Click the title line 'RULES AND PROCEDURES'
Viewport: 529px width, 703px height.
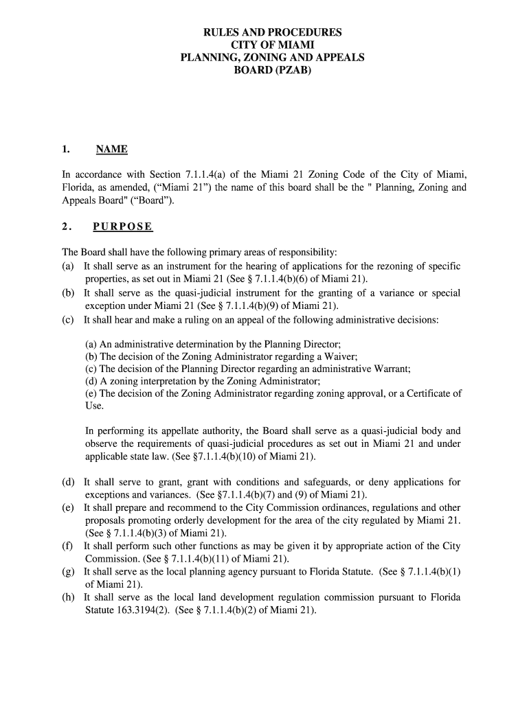[x=272, y=32]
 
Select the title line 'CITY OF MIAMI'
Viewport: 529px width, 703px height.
[x=272, y=45]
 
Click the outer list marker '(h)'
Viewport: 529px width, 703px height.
[x=68, y=597]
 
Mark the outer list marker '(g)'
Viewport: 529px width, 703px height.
[x=68, y=571]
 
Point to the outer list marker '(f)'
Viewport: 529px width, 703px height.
[x=67, y=546]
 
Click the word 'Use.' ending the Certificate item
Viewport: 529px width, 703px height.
[x=95, y=406]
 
